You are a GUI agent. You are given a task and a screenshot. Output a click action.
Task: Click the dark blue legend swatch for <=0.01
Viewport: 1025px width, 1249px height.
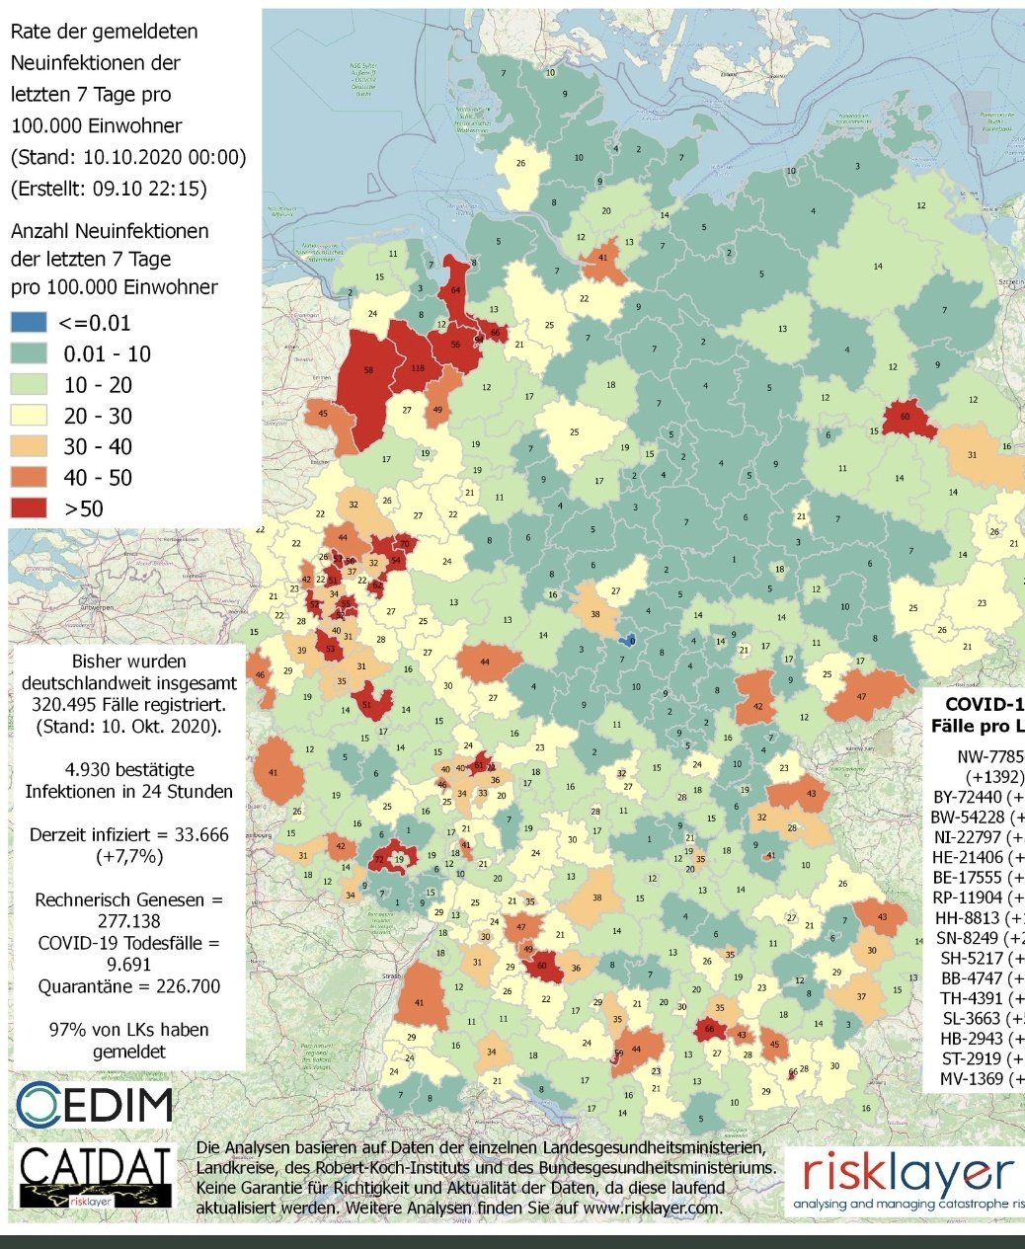coord(28,323)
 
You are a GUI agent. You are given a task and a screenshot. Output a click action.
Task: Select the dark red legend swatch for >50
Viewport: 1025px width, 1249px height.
coord(28,508)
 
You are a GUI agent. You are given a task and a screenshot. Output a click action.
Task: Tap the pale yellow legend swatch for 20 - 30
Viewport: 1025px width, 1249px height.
coord(28,416)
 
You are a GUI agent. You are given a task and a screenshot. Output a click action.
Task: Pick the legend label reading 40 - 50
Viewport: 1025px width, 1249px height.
coord(98,478)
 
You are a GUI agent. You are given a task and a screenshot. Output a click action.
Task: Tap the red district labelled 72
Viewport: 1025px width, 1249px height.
coord(380,861)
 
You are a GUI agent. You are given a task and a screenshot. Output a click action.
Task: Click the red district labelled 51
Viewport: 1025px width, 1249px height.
coord(368,705)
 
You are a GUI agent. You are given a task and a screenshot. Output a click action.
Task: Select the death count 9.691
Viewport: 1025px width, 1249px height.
coord(127,965)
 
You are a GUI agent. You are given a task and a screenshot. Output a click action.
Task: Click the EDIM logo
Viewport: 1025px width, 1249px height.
coord(95,1104)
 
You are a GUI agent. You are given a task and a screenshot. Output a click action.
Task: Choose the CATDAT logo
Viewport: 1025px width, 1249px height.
coord(97,1175)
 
